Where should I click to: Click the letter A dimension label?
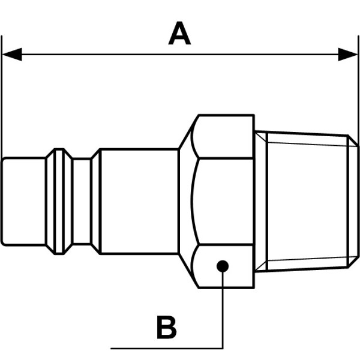click(179, 33)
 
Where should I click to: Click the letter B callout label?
click(167, 327)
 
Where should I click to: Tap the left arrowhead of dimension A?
click(12, 55)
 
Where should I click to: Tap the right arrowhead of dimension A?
click(348, 55)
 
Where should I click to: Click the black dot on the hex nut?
click(223, 266)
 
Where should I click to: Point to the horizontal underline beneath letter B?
click(167, 349)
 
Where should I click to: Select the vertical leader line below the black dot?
click(223, 310)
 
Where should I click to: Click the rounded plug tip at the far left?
click(23, 202)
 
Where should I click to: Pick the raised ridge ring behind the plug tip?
click(59, 202)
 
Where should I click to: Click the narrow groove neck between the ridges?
click(82, 201)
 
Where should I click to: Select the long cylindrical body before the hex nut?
click(139, 202)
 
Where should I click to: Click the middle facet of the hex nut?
click(223, 202)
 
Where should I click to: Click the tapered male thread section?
click(307, 202)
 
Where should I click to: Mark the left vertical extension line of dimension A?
click(2, 97)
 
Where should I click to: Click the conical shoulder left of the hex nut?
click(185, 202)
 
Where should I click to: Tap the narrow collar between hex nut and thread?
click(261, 202)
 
